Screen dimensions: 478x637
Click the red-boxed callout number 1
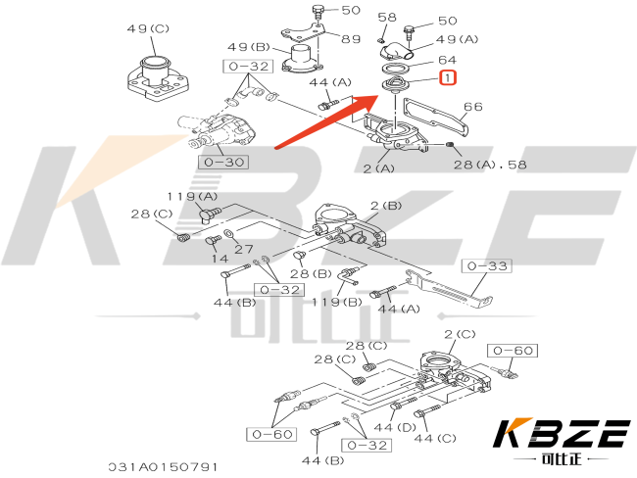click(x=447, y=76)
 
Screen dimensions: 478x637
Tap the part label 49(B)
click(x=249, y=47)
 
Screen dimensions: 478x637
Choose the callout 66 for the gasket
click(x=472, y=106)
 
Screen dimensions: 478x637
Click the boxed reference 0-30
click(x=220, y=161)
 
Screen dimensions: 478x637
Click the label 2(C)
click(x=460, y=335)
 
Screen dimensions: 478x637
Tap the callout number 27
click(x=244, y=249)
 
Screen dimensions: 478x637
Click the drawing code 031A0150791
click(x=163, y=467)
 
